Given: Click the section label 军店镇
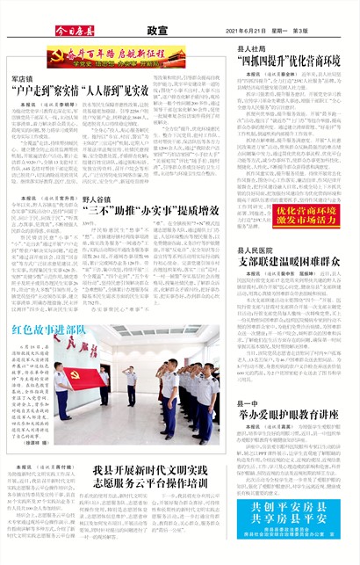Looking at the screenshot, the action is click(x=23, y=78).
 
